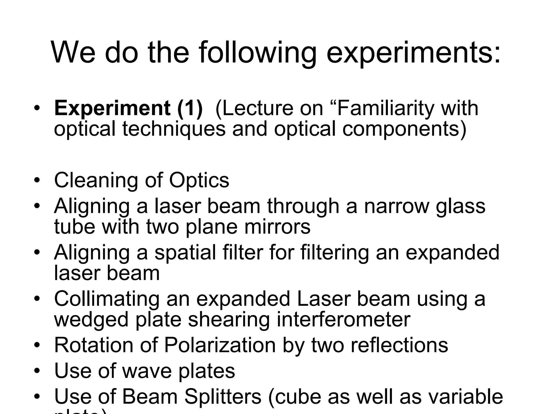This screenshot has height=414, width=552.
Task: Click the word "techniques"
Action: click(x=174, y=129)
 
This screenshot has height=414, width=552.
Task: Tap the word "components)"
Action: click(x=404, y=129)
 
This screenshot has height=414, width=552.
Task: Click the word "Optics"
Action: click(x=199, y=180)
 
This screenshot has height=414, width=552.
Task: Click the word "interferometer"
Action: click(x=299, y=319)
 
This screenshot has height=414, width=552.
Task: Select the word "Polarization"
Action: click(x=220, y=345)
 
